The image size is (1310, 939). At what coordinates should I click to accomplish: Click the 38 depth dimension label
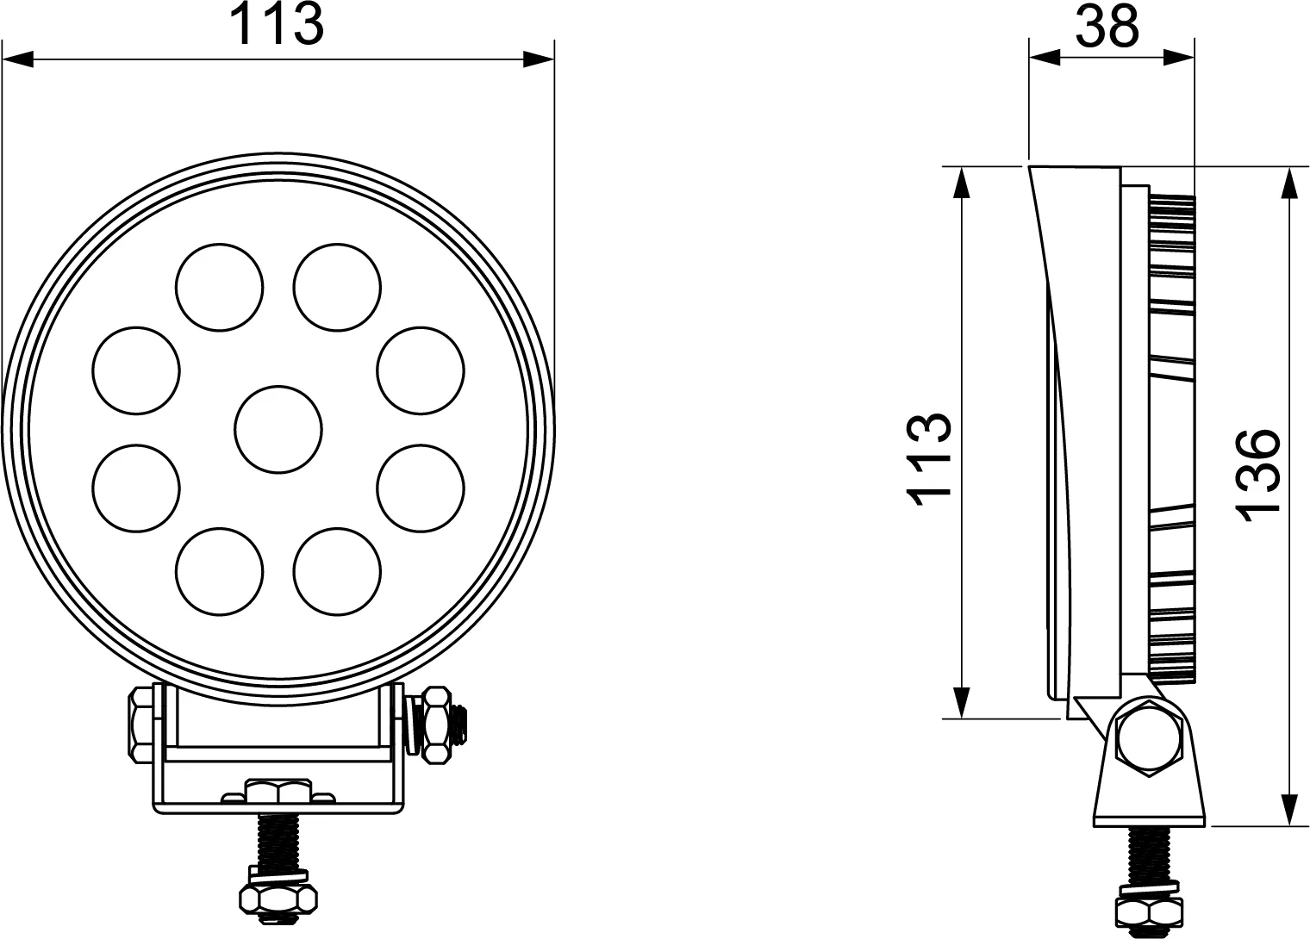(1107, 27)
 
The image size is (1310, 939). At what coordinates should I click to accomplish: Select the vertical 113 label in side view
(929, 459)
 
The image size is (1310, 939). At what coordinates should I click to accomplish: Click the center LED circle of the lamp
(278, 429)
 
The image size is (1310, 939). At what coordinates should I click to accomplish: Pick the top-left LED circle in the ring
(219, 287)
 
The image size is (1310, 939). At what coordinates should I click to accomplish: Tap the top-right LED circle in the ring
(338, 287)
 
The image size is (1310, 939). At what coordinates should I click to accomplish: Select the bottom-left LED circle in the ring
(219, 571)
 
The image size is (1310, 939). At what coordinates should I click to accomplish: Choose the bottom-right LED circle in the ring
(338, 571)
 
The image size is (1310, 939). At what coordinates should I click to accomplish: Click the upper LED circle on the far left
(136, 370)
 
